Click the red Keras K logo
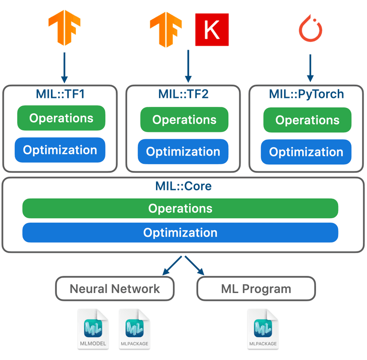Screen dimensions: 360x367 click(212, 29)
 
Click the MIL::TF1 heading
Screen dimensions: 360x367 click(60, 94)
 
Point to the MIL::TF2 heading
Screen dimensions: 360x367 click(183, 94)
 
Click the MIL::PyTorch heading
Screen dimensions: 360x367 click(306, 94)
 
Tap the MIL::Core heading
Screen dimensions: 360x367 click(183, 186)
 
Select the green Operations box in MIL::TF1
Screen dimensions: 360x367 click(61, 118)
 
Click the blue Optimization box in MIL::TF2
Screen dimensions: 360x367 click(183, 152)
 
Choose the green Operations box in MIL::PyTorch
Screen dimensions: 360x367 click(307, 120)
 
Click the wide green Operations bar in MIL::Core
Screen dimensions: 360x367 click(180, 208)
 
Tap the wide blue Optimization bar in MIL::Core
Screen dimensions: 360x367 click(180, 233)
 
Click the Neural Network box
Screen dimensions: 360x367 click(115, 289)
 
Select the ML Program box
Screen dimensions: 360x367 click(256, 289)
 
